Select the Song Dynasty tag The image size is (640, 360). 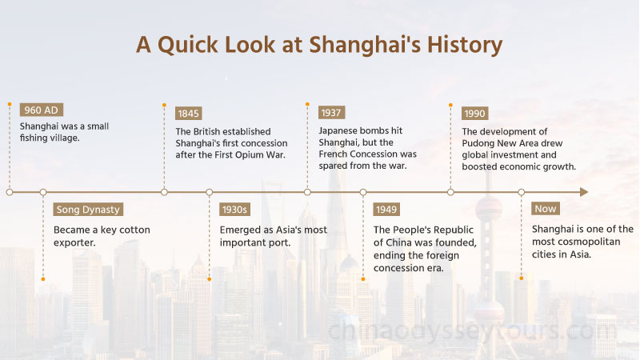click(88, 210)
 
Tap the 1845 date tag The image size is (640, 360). click(189, 113)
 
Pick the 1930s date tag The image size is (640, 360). click(234, 210)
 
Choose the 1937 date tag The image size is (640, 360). click(332, 113)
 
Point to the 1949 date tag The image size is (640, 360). click(386, 210)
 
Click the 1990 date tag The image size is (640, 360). click(474, 113)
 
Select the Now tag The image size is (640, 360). click(546, 209)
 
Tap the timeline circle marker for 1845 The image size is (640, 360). click(164, 192)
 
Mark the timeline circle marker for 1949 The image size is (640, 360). click(362, 192)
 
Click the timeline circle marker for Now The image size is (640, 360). click(521, 192)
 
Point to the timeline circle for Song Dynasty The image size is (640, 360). click(42, 192)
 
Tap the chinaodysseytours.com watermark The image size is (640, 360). click(472, 329)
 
